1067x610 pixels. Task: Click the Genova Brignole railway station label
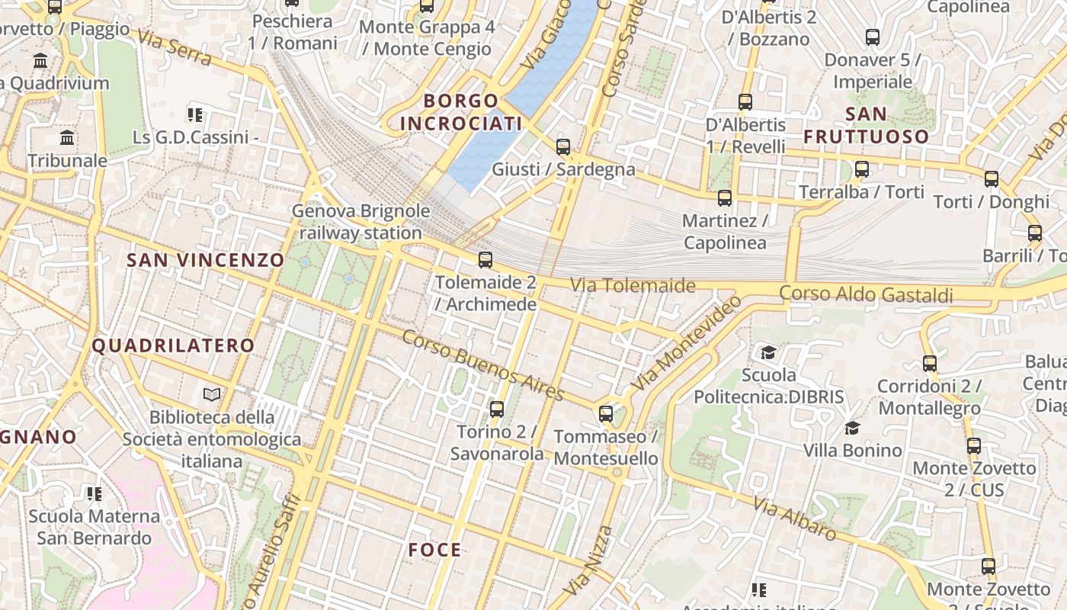point(360,222)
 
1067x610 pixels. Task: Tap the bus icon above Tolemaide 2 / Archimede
point(485,260)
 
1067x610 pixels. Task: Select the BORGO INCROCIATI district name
point(461,112)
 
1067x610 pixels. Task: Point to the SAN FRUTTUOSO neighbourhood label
point(867,126)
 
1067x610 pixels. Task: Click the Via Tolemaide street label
point(633,285)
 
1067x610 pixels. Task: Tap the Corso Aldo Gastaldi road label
point(866,294)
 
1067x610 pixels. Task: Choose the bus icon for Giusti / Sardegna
point(563,147)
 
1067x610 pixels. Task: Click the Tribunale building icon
point(68,139)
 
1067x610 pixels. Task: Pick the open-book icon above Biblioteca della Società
point(212,394)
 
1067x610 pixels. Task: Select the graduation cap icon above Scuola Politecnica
point(768,352)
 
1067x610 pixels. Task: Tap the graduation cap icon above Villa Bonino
point(852,428)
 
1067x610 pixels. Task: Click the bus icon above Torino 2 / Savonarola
point(497,409)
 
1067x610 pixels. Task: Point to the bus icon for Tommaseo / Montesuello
point(606,414)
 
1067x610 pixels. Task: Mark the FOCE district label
point(434,550)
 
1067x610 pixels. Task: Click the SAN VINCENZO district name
point(205,260)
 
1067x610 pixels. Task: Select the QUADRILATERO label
point(173,345)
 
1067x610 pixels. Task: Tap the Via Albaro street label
point(794,518)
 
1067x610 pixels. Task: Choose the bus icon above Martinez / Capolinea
point(725,198)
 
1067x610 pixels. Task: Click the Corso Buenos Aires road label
point(482,364)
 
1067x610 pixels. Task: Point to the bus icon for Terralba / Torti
point(862,169)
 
